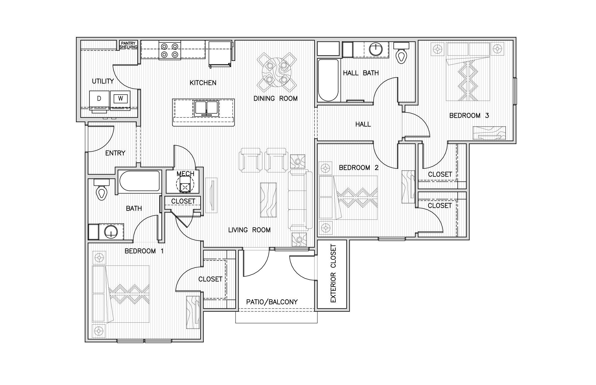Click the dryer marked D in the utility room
[99, 99]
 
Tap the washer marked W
[120, 99]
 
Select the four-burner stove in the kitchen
[170, 50]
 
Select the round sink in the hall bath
[376, 49]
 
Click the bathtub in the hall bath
[328, 80]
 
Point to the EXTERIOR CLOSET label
[333, 273]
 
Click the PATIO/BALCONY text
[272, 302]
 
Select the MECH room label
[185, 174]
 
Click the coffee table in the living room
[268, 200]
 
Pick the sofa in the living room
[300, 200]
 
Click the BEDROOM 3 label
[469, 116]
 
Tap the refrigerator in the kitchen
[220, 54]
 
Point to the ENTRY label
[115, 153]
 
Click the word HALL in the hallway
[363, 124]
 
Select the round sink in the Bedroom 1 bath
[111, 232]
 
